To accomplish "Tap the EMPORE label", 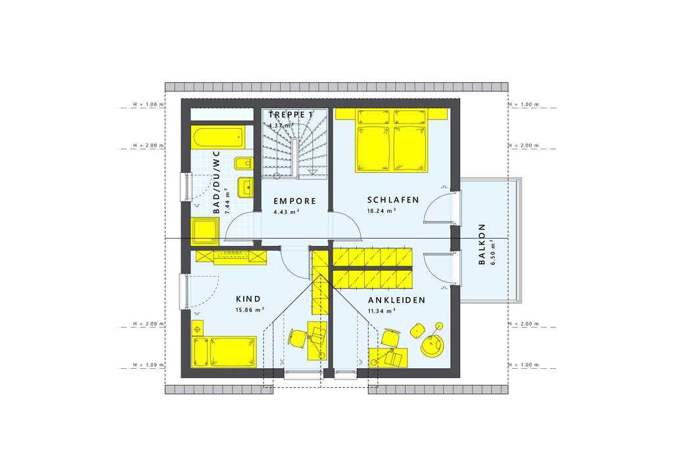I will pos(295,201).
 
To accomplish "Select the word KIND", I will pos(248,298).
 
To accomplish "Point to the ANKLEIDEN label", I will pos(396,300).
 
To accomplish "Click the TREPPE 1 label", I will pos(290,114).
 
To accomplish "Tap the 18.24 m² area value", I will pos(381,211).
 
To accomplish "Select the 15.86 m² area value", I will pos(249,309).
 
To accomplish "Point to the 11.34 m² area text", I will pos(381,311).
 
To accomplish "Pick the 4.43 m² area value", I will pos(286,212).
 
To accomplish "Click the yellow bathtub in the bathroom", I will pos(218,139).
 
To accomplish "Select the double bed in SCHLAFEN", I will pos(391,140).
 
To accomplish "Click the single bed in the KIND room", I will pos(223,351).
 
